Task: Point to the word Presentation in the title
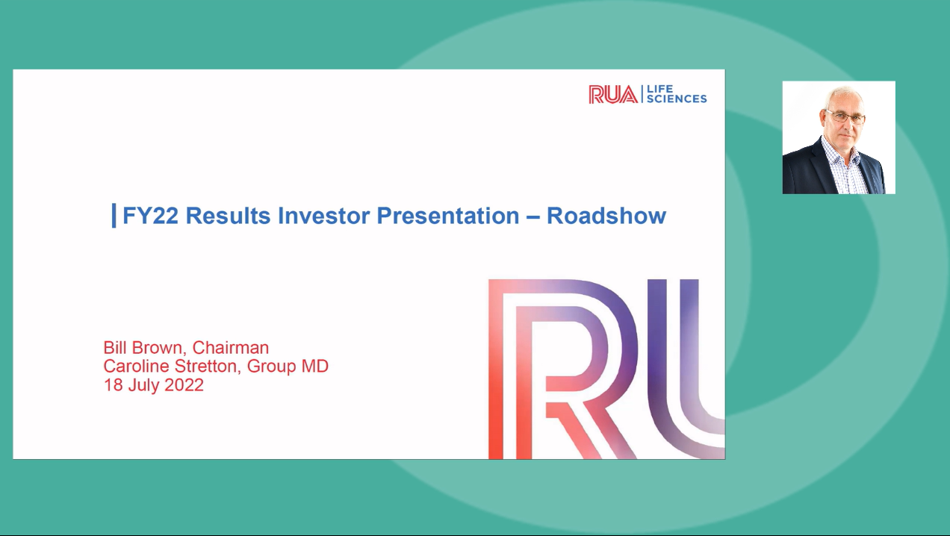447,216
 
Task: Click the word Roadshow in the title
606,216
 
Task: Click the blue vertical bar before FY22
114,216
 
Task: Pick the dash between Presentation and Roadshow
533,216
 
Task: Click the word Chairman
231,348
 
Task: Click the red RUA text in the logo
612,94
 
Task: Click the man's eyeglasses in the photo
845,117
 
